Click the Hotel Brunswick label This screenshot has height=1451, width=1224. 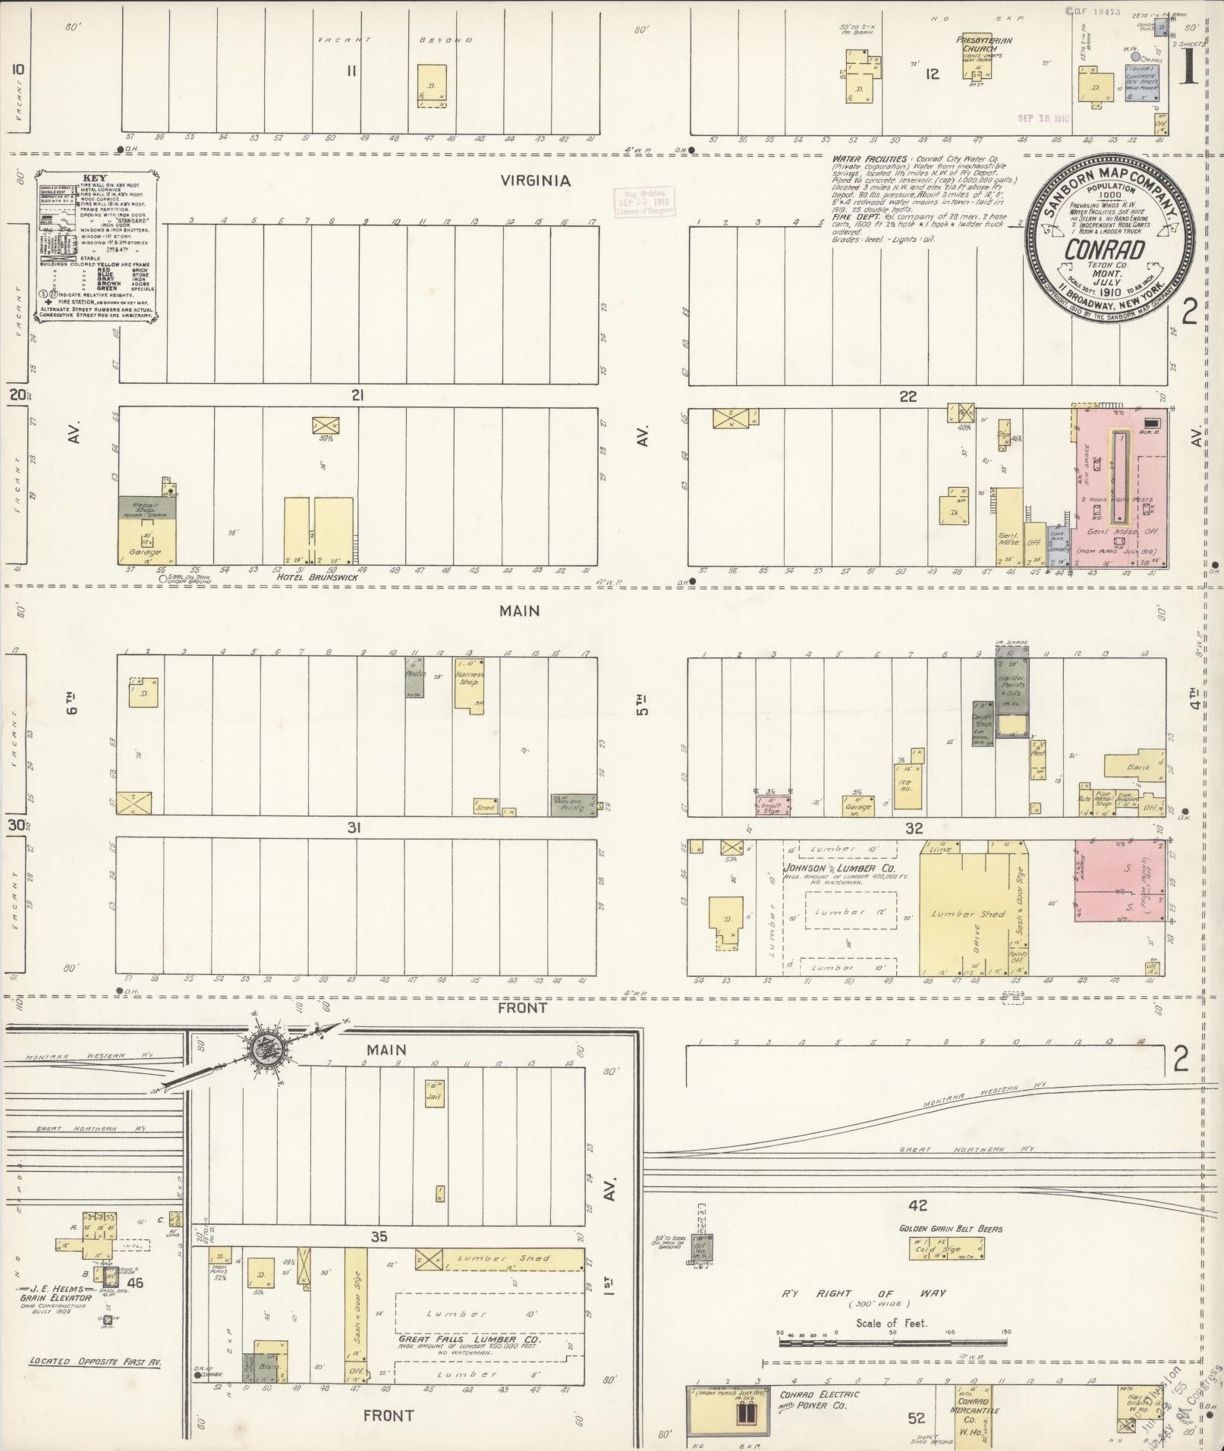click(307, 576)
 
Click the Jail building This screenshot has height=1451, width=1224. click(434, 1095)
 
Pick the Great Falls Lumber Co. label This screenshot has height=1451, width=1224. click(470, 1340)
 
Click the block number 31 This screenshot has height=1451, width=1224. click(354, 828)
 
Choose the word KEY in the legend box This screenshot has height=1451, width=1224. click(100, 177)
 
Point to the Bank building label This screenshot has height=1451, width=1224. click(1138, 767)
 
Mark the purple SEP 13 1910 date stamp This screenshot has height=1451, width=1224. click(1043, 118)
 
